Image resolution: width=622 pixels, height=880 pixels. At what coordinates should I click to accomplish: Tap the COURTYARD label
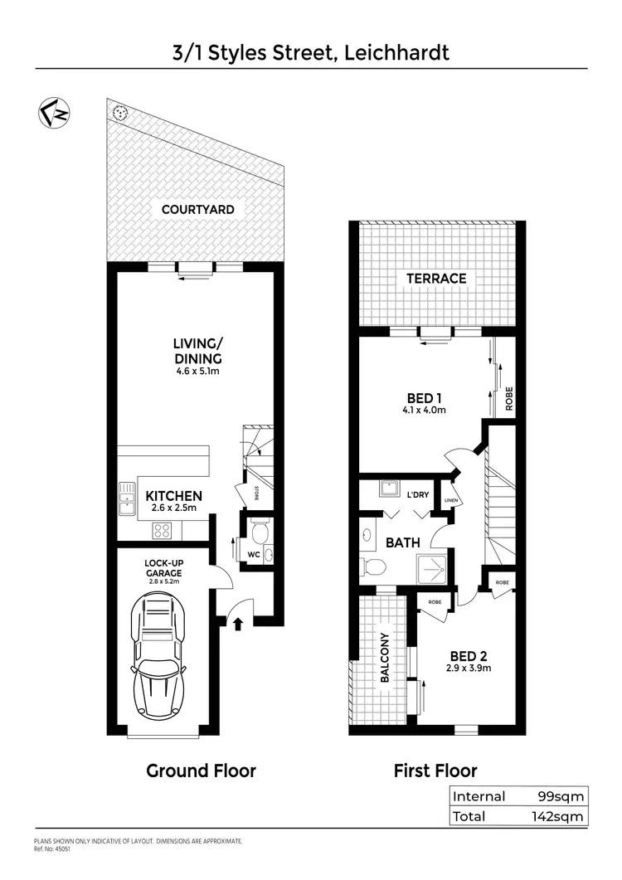(x=197, y=210)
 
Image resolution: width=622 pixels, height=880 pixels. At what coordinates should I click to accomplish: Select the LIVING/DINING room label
(x=197, y=350)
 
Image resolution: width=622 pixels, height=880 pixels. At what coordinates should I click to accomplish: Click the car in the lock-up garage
(x=158, y=659)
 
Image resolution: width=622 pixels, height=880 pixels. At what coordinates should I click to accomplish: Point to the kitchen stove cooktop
(x=162, y=531)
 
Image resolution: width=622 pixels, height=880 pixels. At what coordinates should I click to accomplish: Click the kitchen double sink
(x=127, y=498)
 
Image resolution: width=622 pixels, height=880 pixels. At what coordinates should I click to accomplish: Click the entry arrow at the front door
(x=238, y=621)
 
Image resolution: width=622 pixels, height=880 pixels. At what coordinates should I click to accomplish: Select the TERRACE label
(x=436, y=279)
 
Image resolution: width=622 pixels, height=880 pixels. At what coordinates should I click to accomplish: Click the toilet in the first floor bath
(x=373, y=567)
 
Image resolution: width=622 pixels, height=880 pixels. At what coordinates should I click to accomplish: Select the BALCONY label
(x=385, y=658)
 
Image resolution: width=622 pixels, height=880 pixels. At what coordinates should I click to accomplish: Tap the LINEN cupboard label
(x=450, y=500)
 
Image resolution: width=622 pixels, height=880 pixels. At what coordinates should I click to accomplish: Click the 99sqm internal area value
(x=561, y=796)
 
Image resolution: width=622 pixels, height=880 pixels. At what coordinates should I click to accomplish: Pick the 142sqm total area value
(x=558, y=816)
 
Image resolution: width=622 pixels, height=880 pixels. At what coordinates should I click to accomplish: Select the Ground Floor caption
(x=201, y=771)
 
